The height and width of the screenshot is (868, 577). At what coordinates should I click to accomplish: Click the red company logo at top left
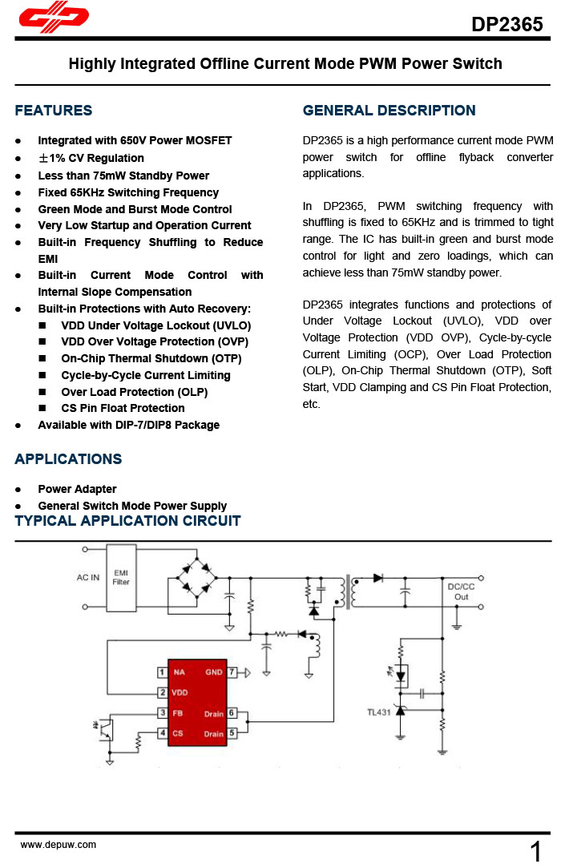click(x=53, y=18)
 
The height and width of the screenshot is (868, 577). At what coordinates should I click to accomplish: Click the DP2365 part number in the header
click(x=506, y=24)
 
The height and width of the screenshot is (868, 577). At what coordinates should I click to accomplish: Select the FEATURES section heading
click(x=54, y=111)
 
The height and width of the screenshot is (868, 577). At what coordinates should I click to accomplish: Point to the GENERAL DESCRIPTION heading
click(x=389, y=111)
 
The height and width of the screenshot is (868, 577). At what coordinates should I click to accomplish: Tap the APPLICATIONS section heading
click(x=68, y=459)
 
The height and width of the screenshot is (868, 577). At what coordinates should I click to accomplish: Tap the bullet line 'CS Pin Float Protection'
click(x=123, y=408)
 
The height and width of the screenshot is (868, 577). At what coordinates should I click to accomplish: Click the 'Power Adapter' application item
click(x=77, y=489)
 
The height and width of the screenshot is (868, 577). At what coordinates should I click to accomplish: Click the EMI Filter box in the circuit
click(x=121, y=578)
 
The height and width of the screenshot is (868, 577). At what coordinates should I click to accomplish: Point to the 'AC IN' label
click(x=88, y=578)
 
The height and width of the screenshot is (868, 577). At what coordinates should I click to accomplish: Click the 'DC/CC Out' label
click(x=461, y=591)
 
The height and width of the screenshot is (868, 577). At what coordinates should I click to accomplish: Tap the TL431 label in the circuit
click(x=378, y=712)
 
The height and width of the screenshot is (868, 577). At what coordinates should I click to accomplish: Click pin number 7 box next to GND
click(x=232, y=672)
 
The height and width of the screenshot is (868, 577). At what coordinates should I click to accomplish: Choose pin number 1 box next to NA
click(x=162, y=672)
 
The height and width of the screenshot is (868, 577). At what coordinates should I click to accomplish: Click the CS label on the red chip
click(x=177, y=733)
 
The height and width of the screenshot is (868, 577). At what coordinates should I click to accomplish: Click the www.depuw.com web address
click(x=58, y=845)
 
